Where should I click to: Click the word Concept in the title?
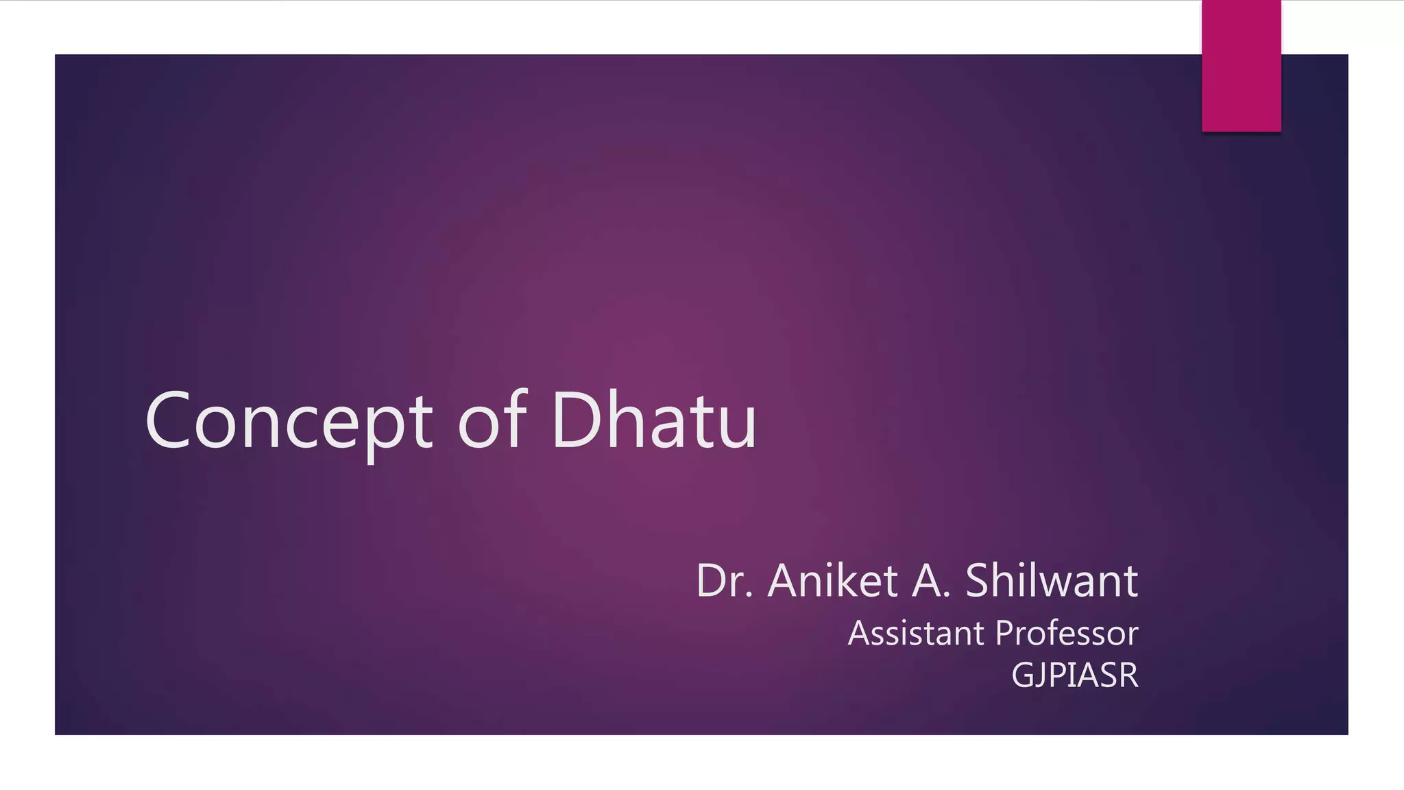coord(289,420)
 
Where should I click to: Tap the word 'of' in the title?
coord(492,420)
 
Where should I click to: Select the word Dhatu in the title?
coord(653,420)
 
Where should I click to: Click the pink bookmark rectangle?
coord(1241,65)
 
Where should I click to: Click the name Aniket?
coord(832,581)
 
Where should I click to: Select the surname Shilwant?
coord(1052,581)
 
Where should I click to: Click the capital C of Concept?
coord(167,421)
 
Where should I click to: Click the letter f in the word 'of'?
coord(516,418)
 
